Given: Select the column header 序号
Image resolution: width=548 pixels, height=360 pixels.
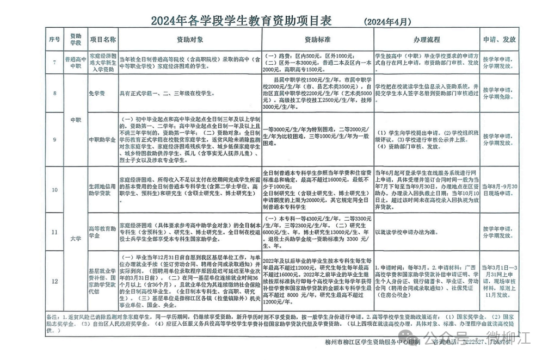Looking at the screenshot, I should coord(54,40).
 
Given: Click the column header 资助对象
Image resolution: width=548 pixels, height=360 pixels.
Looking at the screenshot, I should coord(189,40).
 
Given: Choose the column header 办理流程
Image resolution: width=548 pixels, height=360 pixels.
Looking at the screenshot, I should coord(426,40).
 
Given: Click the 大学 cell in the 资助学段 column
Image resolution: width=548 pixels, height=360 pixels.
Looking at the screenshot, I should coord(75,238).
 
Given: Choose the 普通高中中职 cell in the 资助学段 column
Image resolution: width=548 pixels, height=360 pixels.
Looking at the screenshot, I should coord(75,62).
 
